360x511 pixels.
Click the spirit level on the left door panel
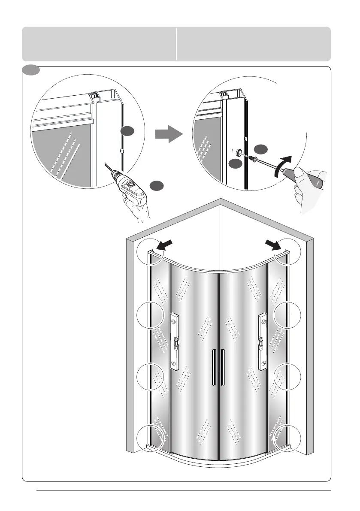pyautogui.click(x=175, y=341)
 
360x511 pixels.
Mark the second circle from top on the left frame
pyautogui.click(x=150, y=315)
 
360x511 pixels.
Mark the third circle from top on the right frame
pyautogui.click(x=288, y=376)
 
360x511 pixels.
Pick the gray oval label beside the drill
pyautogui.click(x=157, y=185)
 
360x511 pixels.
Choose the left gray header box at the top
pyautogui.click(x=99, y=44)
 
